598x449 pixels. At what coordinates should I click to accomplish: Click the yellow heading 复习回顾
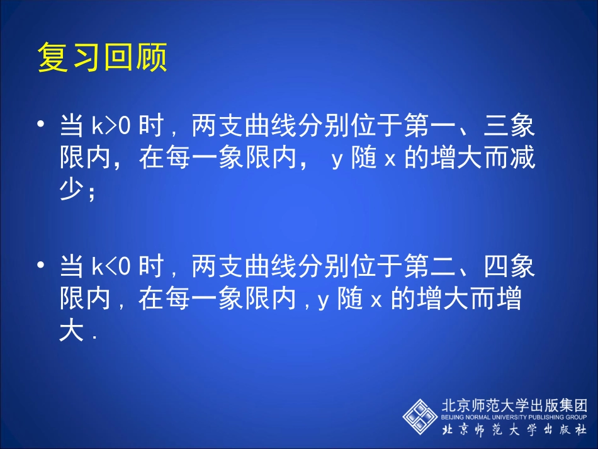click(x=103, y=59)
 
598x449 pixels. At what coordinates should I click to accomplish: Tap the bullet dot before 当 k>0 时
click(x=42, y=125)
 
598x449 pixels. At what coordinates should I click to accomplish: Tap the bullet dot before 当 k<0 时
click(x=42, y=266)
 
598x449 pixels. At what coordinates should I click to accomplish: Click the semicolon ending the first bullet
click(x=93, y=193)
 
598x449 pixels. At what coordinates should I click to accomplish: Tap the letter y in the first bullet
click(x=336, y=161)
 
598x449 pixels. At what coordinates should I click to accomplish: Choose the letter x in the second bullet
click(x=376, y=302)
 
